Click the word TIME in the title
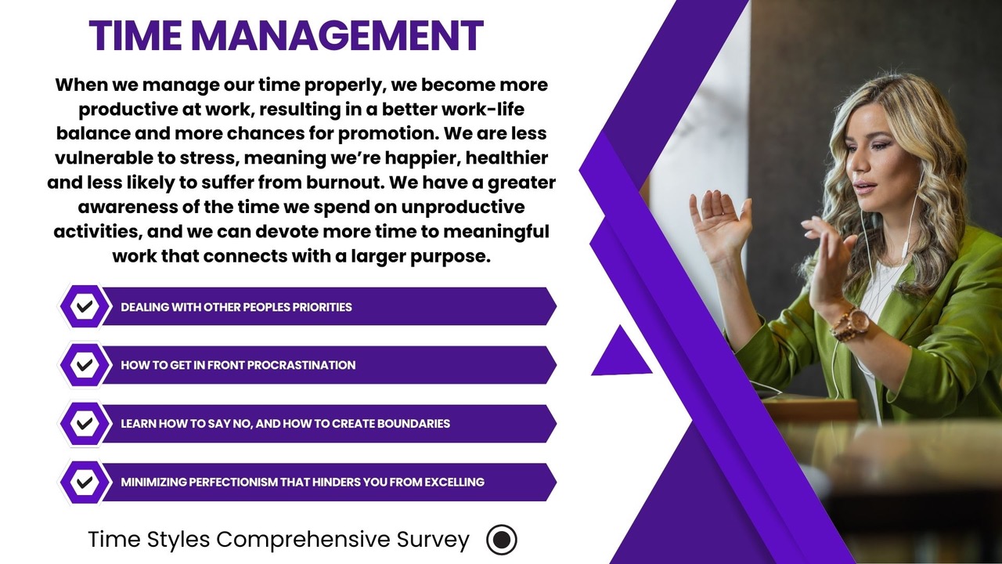[x=135, y=35]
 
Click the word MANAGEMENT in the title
[x=337, y=35]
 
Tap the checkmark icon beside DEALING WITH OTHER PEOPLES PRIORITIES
[x=85, y=306]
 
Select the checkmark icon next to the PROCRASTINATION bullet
[x=85, y=365]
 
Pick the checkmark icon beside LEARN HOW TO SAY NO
[x=85, y=424]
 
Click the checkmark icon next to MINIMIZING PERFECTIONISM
[x=85, y=482]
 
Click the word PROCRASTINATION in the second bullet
[x=301, y=365]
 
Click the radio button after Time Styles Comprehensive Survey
[x=502, y=540]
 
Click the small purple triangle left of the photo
[x=622, y=352]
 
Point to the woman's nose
[x=857, y=164]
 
